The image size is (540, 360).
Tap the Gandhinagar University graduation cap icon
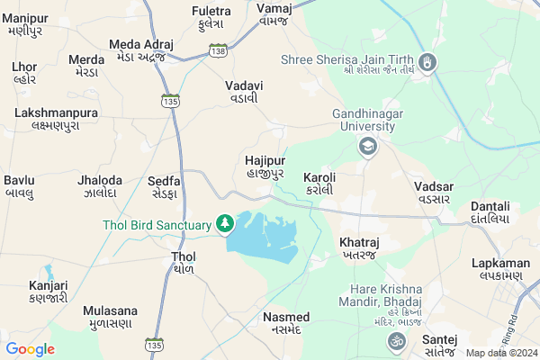366,147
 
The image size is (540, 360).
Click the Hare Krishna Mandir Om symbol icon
393,340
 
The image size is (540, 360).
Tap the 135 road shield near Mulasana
155,344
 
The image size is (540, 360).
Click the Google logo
30,349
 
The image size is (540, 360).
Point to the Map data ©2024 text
500,353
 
